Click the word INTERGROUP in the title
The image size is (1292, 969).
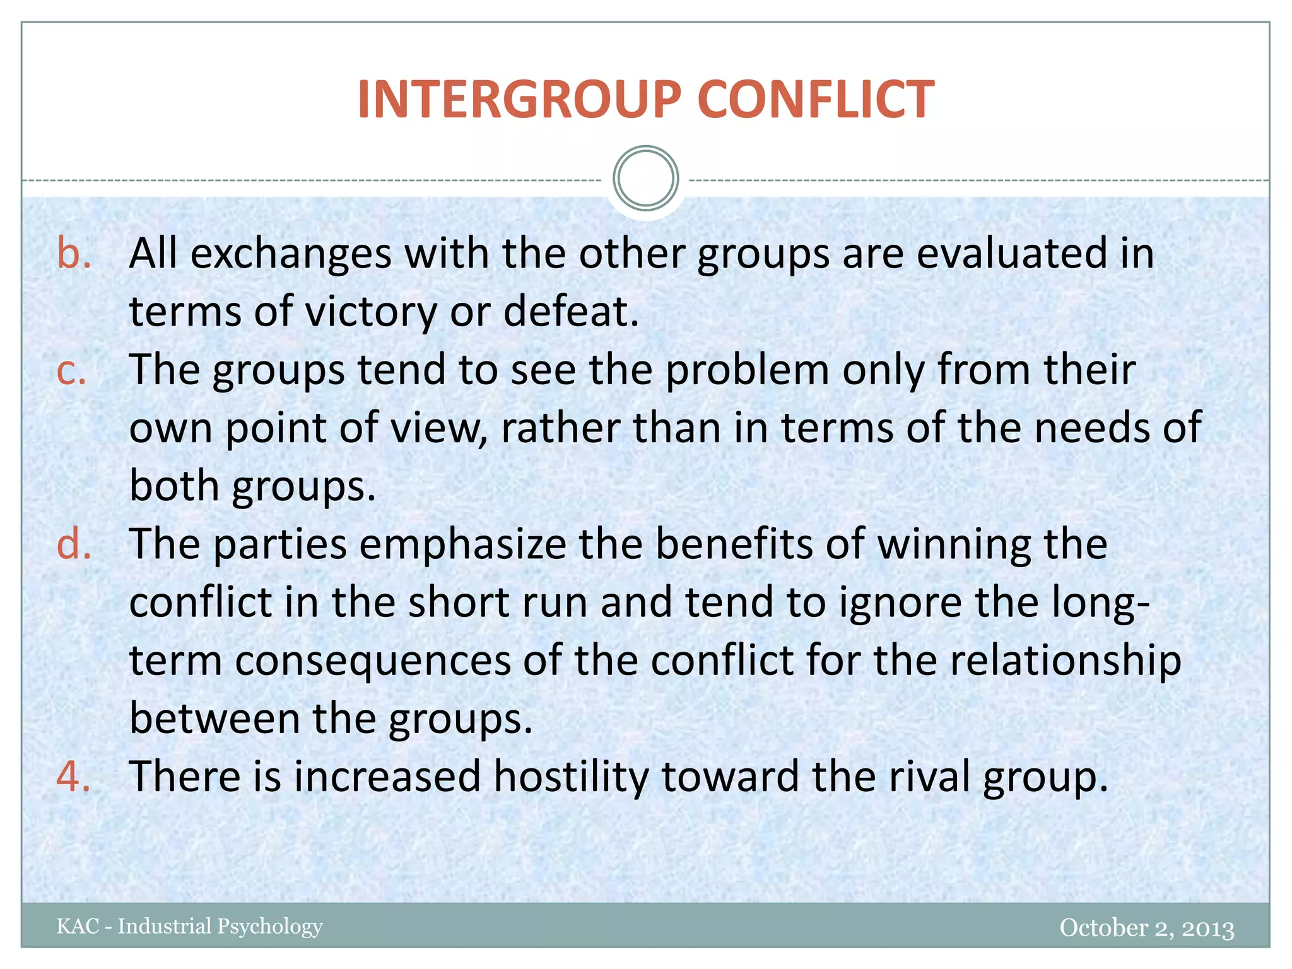coord(519,100)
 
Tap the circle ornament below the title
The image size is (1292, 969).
coord(645,179)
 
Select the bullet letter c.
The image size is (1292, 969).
coord(71,370)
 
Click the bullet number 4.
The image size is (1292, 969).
coord(73,776)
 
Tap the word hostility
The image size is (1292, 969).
coord(570,776)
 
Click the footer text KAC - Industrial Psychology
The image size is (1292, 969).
coord(189,926)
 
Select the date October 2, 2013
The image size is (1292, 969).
coord(1146,927)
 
